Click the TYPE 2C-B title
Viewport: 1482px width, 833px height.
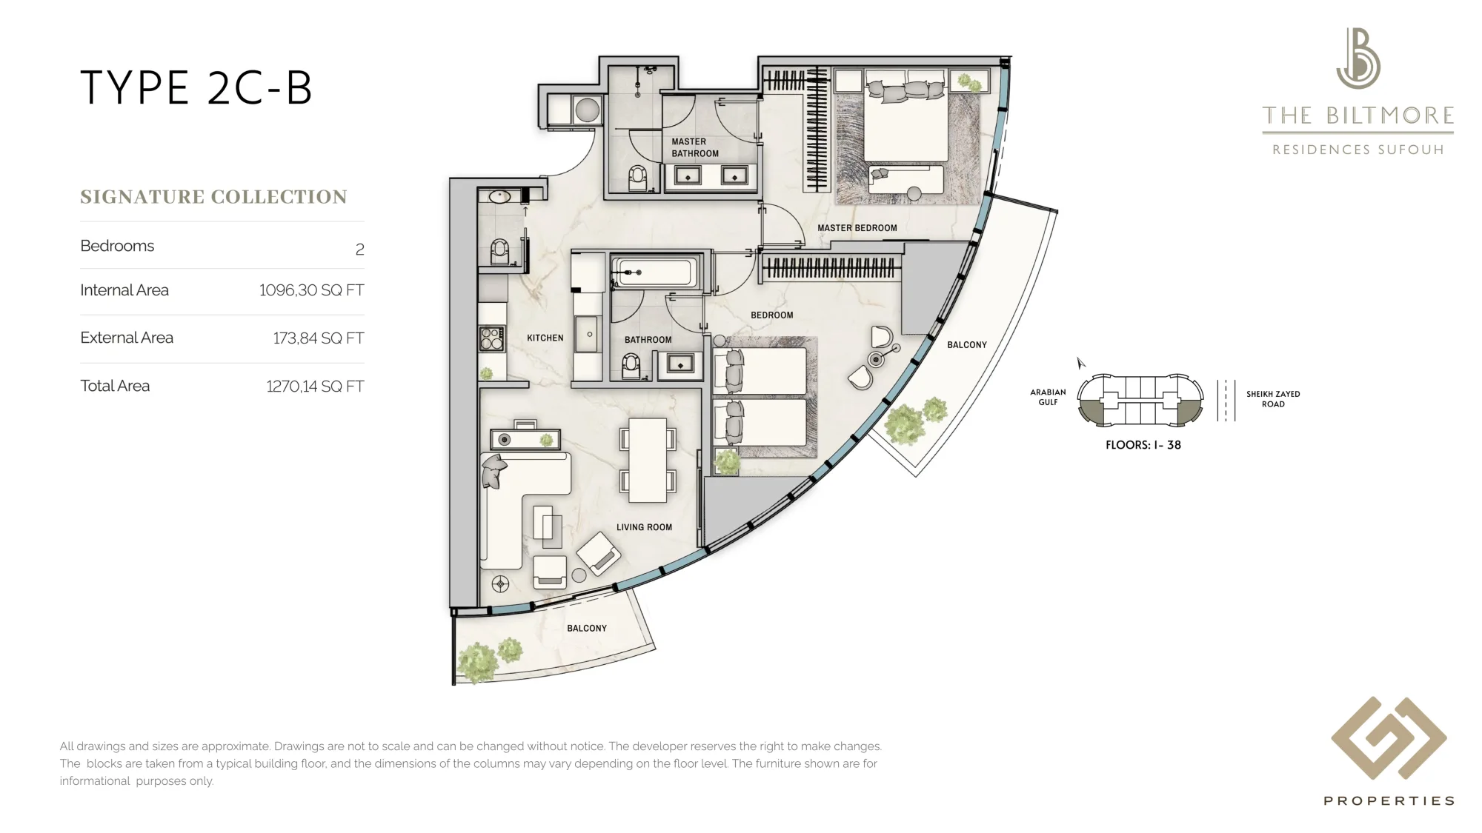[196, 88]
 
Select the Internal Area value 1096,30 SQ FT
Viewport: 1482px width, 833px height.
[311, 290]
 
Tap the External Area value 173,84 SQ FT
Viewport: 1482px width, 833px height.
[319, 338]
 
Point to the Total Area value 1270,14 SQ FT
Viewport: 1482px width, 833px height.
[315, 387]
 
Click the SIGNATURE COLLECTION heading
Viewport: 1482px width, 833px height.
[213, 197]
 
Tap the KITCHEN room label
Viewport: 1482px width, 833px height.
[545, 338]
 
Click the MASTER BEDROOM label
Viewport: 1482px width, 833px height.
[857, 228]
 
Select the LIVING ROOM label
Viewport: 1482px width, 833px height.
[645, 527]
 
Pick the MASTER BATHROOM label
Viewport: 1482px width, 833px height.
[695, 147]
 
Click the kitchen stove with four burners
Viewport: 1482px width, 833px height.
[491, 338]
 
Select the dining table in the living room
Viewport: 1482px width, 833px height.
[648, 461]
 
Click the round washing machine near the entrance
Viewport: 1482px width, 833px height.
[587, 110]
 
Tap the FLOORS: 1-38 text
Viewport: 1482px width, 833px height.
[1143, 445]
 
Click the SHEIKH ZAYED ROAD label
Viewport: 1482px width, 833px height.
[1273, 399]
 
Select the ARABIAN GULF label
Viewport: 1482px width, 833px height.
[1048, 398]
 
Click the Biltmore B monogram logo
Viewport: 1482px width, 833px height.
[1358, 58]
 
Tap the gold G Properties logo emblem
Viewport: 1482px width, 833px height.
[1389, 738]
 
